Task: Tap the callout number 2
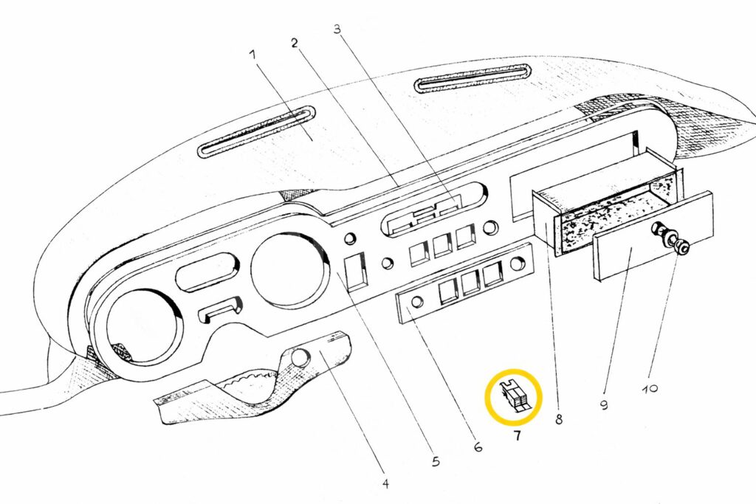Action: click(294, 43)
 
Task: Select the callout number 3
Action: click(337, 30)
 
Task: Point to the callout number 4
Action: click(385, 484)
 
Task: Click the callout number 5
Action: click(436, 462)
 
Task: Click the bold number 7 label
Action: click(517, 436)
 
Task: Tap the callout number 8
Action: click(559, 420)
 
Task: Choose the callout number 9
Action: click(604, 405)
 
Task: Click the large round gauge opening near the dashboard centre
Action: click(288, 269)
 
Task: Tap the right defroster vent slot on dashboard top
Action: click(472, 77)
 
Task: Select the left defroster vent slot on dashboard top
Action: click(256, 132)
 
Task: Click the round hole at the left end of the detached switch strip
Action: click(417, 301)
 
